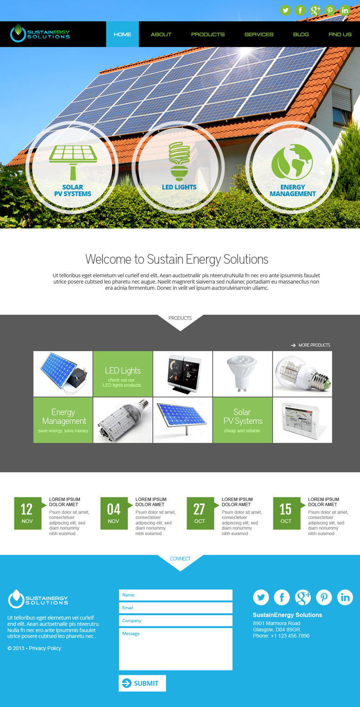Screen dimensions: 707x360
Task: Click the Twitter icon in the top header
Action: [x=286, y=10]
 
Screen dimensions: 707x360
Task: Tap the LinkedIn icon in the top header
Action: [x=345, y=10]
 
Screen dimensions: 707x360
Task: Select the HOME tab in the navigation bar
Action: [x=123, y=34]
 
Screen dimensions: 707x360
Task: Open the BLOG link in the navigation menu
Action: [x=301, y=34]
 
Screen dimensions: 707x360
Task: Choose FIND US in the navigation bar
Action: [x=340, y=34]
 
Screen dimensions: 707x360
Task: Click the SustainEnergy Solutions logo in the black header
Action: [x=41, y=33]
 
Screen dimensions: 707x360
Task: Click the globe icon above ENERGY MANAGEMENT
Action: [x=292, y=162]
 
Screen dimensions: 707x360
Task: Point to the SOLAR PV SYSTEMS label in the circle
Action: [x=73, y=190]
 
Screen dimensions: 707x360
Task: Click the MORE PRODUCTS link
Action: [x=314, y=345]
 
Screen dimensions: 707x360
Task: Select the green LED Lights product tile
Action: [x=123, y=374]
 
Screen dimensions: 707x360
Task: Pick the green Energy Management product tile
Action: [x=63, y=420]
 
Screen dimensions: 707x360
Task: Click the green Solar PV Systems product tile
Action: [x=243, y=420]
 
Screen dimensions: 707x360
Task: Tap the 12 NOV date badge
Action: [x=27, y=513]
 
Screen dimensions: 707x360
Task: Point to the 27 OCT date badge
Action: [x=200, y=513]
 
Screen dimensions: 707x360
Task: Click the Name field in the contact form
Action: [x=175, y=595]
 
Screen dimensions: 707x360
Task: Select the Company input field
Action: [x=175, y=621]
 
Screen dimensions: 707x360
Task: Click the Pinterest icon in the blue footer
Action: [x=324, y=598]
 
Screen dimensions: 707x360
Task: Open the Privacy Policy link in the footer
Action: [x=45, y=649]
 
